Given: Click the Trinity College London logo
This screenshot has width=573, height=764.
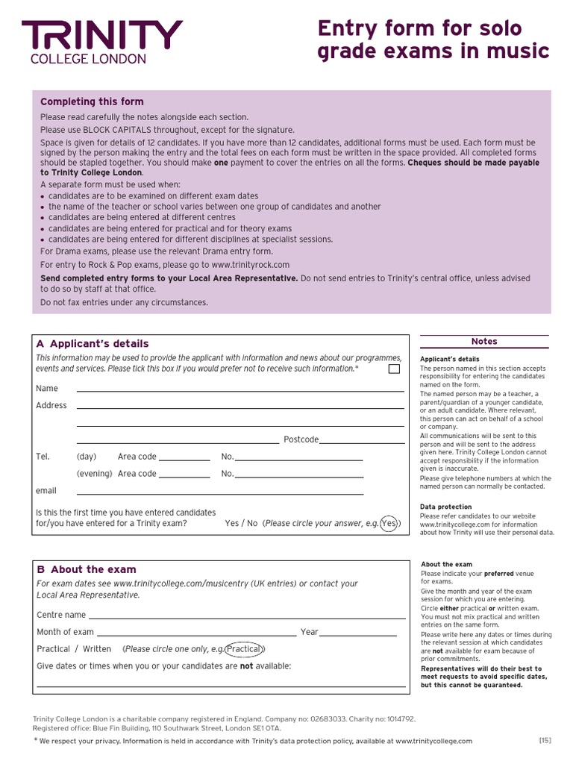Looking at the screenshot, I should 101,42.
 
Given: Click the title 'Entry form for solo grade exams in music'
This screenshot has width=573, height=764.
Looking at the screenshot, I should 433,40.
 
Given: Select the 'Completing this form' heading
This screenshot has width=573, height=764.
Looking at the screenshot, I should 92,102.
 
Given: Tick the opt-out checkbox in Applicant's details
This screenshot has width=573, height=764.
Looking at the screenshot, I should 394,369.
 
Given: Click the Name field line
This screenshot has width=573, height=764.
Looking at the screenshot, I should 239,389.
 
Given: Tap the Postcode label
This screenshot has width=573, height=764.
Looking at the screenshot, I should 301,439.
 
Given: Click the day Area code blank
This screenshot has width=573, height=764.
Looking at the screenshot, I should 184,458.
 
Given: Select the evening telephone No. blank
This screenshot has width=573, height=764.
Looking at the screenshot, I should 299,475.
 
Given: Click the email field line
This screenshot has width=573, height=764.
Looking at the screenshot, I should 220,492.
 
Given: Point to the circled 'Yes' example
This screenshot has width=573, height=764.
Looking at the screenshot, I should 389,524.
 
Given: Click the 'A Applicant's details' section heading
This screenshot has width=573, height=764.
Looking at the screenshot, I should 93,344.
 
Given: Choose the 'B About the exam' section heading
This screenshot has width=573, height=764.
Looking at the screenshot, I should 87,569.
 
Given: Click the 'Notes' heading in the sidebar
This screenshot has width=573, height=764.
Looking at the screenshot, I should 484,342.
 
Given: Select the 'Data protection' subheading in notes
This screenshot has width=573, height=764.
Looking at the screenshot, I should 445,507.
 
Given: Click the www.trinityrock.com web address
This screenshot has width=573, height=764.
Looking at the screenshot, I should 250,265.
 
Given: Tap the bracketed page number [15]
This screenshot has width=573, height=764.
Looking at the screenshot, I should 545,740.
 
